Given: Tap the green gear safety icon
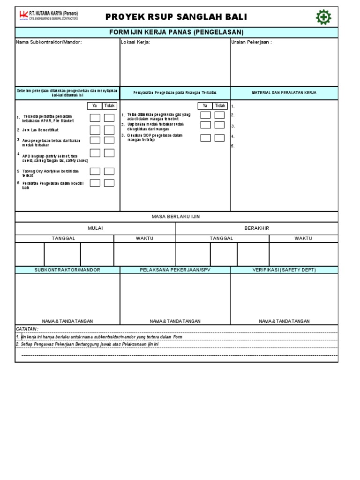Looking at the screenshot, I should coord(323,17).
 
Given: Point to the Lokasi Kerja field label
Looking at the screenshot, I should coord(135,42).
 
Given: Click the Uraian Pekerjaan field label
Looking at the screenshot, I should coord(251,42).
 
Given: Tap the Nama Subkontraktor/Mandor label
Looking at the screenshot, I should coord(49,42).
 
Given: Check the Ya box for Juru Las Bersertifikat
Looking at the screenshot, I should coord(95,129).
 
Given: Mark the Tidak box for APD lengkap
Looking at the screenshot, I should coord(109,153).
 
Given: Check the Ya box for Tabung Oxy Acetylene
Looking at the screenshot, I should coord(95,172).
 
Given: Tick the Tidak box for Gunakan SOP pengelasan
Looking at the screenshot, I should coord(219,138).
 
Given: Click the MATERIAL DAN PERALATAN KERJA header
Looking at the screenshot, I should coord(284,93).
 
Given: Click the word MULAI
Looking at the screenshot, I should coord(95,228).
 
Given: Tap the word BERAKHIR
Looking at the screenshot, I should coord(257,228).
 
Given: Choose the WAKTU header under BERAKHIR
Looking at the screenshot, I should coord(303,239).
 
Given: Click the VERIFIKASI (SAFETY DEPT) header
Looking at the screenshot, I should coord(284,270).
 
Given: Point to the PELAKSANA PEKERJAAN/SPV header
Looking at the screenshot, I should coord(175,270).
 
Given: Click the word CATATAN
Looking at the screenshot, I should coord(27,330).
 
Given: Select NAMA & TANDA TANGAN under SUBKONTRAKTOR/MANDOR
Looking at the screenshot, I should coord(67,321).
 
